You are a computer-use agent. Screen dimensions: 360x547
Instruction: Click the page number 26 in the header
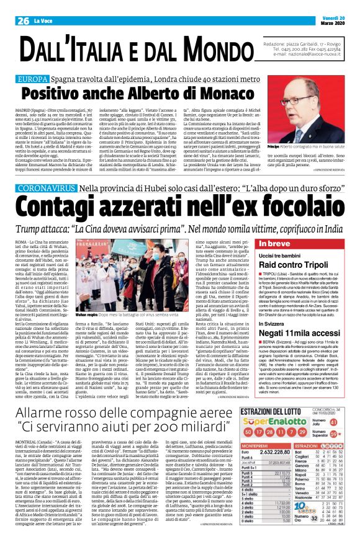[x=24, y=6]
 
